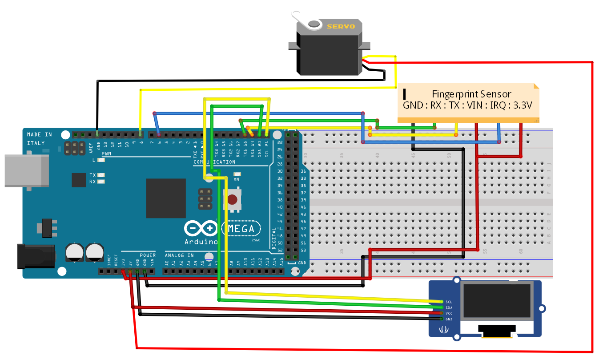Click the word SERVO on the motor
pyautogui.click(x=341, y=27)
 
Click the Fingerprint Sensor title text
pyautogui.click(x=471, y=94)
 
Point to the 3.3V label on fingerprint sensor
pyautogui.click(x=523, y=105)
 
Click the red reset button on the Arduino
pyautogui.click(x=232, y=199)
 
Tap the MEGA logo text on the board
pyautogui.click(x=241, y=229)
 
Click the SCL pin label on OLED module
pyautogui.click(x=449, y=302)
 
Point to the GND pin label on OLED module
pyautogui.click(x=449, y=319)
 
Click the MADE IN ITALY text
pyautogui.click(x=39, y=138)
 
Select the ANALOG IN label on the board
pyautogui.click(x=179, y=255)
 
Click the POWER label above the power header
pyautogui.click(x=148, y=255)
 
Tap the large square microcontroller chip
pyautogui.click(x=166, y=198)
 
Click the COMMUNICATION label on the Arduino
pyautogui.click(x=214, y=162)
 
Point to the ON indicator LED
pyautogui.click(x=237, y=175)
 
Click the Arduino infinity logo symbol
pyautogui.click(x=201, y=229)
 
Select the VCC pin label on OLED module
pyautogui.click(x=449, y=313)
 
